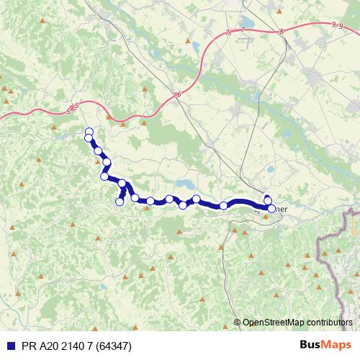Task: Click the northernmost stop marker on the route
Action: [x=89, y=131]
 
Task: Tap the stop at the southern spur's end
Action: [x=120, y=202]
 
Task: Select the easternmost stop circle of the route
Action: [x=271, y=208]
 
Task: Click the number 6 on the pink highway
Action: [x=177, y=94]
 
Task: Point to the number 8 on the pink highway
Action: [x=282, y=31]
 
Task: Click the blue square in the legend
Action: [x=9, y=345]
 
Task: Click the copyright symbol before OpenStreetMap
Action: [x=238, y=322]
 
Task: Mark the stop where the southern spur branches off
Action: [x=122, y=184]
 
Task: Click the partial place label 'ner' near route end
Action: [x=282, y=209]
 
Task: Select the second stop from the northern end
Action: [x=89, y=138]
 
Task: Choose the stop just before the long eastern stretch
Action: [x=224, y=206]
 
